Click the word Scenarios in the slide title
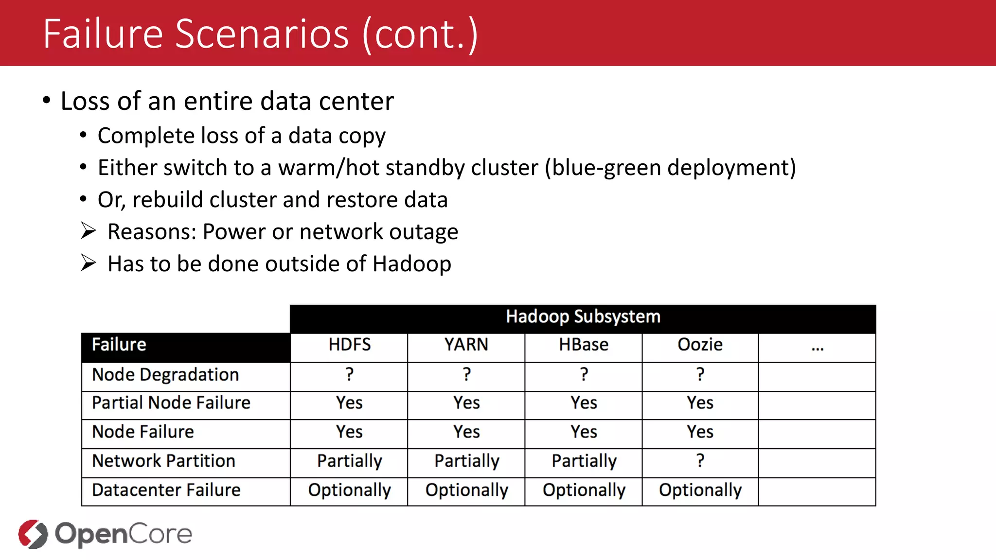(262, 34)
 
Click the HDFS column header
(349, 345)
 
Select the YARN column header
(466, 345)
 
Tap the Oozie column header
(700, 345)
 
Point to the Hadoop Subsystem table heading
(583, 317)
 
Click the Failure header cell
(119, 345)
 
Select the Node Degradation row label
(165, 375)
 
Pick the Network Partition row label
(163, 461)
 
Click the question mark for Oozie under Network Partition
(700, 460)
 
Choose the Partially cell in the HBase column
(584, 461)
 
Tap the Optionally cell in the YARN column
(466, 490)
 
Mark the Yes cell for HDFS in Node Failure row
(349, 432)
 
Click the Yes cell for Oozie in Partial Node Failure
(700, 403)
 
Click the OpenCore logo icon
(33, 534)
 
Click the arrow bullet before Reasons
(89, 231)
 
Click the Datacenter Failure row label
(166, 490)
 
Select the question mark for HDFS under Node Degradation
(349, 374)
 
